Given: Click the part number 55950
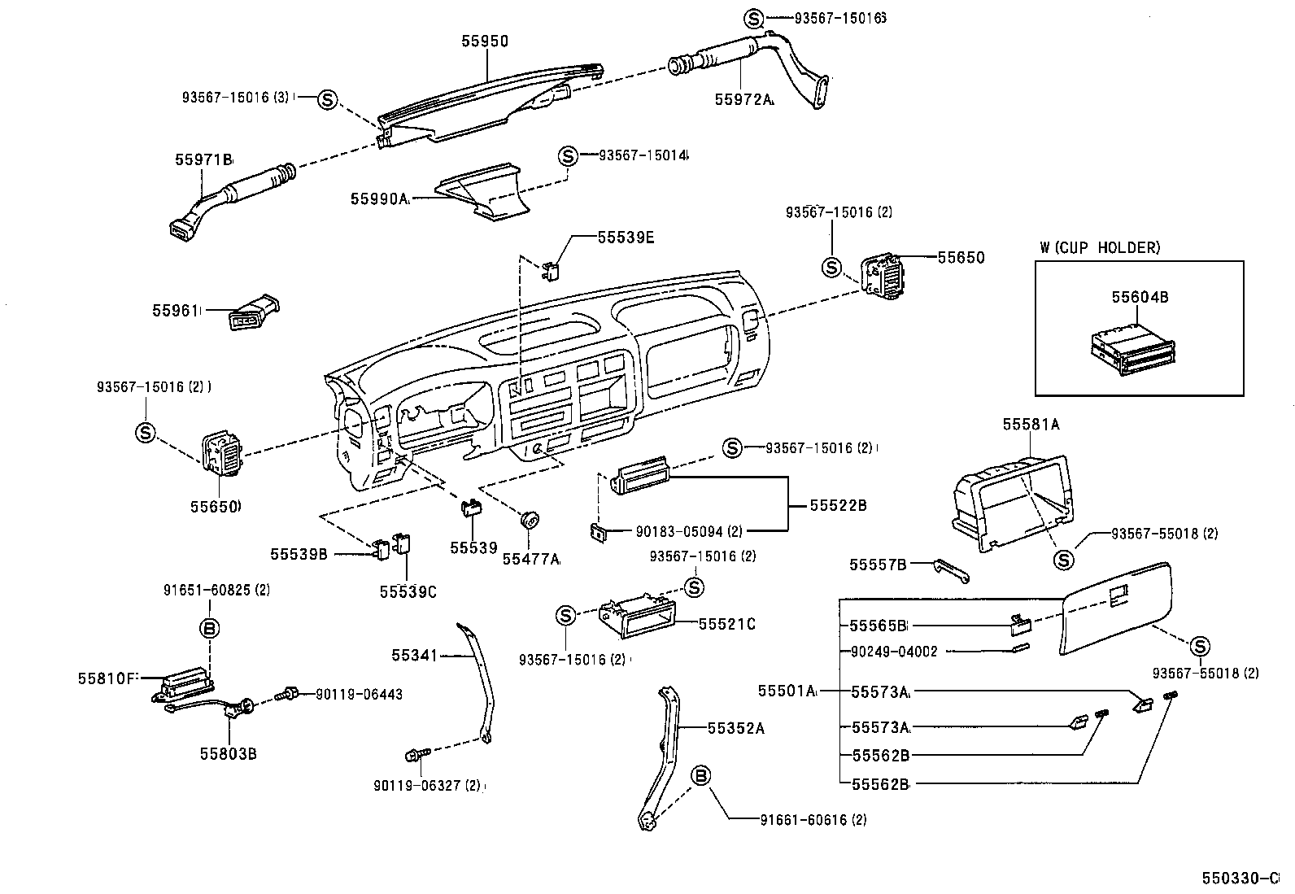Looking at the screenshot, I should pos(485,41).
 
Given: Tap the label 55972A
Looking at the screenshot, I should pos(743,99).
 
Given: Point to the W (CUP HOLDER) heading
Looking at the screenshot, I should pos(1100,247).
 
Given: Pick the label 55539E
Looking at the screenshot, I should pos(625,238).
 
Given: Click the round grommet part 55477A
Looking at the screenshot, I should pos(530,519).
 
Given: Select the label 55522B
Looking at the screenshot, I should pos(838,505).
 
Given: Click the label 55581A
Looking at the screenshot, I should pos(1030,424).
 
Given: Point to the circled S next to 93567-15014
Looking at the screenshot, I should pos(568,156).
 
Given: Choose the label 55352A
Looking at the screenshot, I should pos(735,728).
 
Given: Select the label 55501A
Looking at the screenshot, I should pos(786,691).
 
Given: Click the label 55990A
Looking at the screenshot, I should pos(379,198).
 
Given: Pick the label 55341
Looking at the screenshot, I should pos(415,655).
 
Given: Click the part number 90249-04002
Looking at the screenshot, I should pos(894,651).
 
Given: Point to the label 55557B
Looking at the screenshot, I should pos(878,564).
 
